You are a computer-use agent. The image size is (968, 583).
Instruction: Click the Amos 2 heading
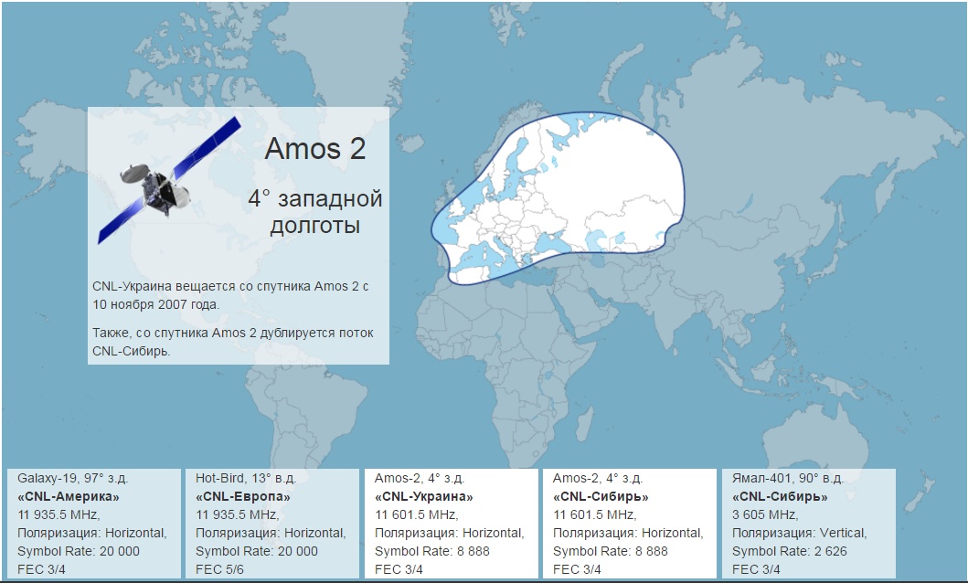tap(314, 149)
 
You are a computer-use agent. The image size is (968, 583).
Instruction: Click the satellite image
tap(169, 180)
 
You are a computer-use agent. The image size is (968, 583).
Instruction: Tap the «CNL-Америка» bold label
tap(68, 496)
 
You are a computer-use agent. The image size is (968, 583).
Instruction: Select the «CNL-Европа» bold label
tap(242, 496)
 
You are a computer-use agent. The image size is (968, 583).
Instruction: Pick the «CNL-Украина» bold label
tap(423, 496)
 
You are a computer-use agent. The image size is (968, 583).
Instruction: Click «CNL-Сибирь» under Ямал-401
tap(780, 496)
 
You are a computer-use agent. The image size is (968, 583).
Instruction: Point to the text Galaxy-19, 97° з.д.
tap(73, 478)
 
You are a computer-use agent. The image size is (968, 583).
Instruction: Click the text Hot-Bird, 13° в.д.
tap(246, 478)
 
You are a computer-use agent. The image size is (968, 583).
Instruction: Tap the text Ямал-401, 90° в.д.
tap(788, 478)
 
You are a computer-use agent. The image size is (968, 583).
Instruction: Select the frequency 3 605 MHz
tap(765, 514)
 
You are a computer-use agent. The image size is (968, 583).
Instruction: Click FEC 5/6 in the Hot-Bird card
tap(219, 569)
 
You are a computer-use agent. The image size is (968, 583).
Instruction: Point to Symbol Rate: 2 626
tap(790, 551)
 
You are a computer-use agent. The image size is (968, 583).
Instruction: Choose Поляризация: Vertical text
tap(800, 533)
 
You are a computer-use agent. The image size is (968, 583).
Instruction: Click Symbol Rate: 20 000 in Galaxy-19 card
tap(79, 551)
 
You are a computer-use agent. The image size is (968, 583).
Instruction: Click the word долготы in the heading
tap(314, 226)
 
